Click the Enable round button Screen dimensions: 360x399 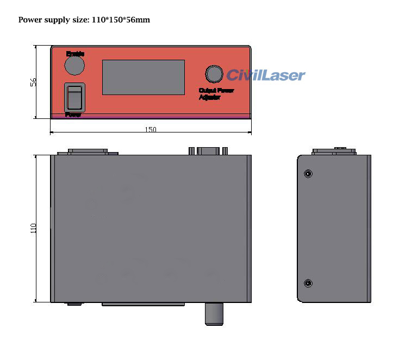74,65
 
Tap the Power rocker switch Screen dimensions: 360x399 74,97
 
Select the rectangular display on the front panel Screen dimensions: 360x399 144,77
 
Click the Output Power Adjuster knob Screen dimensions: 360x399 214,74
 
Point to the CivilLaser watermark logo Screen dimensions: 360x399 266,75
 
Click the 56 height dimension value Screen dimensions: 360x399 33,82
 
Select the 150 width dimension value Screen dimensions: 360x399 151,130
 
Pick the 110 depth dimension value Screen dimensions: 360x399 33,229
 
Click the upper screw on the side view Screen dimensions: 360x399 308,174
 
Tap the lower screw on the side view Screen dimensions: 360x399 308,283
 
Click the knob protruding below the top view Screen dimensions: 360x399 214,314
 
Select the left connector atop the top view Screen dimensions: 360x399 88,151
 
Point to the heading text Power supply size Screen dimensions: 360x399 52,20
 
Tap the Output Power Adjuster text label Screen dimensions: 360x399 216,94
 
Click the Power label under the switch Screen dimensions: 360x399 73,115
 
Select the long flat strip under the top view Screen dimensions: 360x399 143,305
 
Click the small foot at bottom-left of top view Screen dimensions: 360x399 74,304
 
